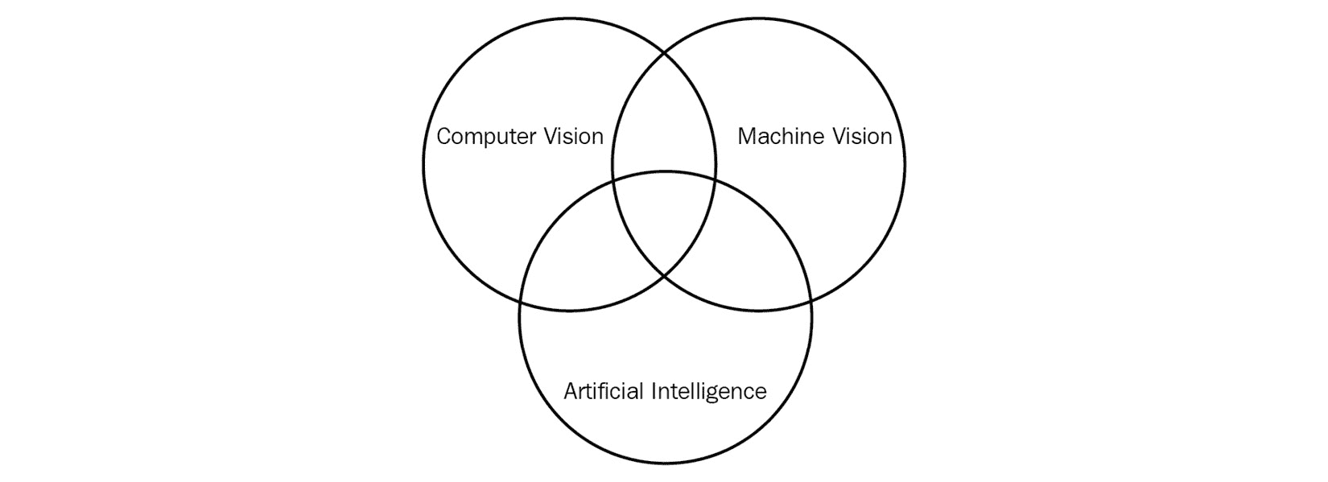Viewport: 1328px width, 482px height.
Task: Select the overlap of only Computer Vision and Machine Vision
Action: point(664,121)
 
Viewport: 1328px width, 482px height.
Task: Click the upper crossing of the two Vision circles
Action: point(665,52)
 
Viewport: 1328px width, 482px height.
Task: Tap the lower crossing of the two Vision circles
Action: point(665,276)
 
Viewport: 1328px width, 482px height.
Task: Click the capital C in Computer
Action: point(443,137)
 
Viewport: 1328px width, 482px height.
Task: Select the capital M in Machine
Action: point(746,137)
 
